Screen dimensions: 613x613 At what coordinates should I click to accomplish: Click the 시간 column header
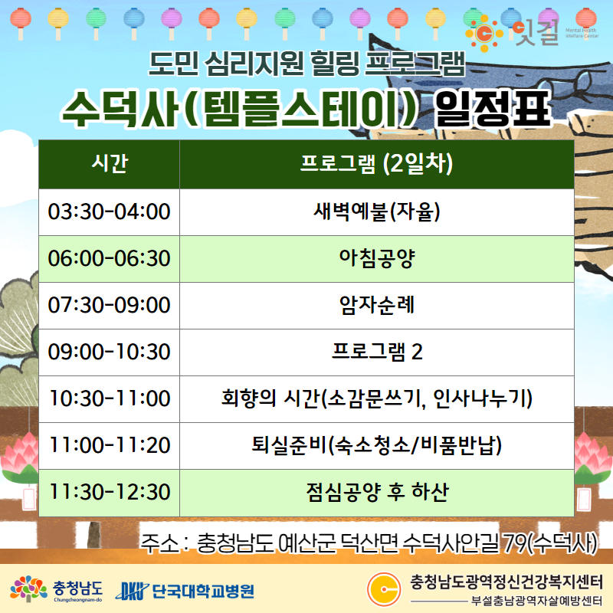coord(109,164)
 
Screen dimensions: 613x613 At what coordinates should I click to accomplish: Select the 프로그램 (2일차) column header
coord(377,164)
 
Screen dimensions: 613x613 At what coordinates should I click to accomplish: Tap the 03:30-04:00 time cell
coord(109,212)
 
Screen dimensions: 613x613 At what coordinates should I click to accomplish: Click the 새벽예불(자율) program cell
coord(377,212)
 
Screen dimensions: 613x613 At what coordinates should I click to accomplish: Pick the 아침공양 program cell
coord(377,259)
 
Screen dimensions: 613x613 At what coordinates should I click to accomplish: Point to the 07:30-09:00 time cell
coord(109,305)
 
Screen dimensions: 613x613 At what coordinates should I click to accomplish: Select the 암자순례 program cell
coord(377,305)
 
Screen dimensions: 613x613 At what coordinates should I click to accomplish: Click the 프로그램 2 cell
coord(377,352)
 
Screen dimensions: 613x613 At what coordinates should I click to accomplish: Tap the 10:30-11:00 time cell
coord(109,398)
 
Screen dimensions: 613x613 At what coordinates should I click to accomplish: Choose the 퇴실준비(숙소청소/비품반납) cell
coord(377,446)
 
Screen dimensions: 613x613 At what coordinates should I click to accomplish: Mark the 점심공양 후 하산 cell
coord(377,493)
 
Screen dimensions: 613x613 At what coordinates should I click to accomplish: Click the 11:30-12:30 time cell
coord(109,493)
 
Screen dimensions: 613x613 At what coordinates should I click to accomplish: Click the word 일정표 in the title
coord(493,108)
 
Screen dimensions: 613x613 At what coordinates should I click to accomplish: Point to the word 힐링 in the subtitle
coord(335,63)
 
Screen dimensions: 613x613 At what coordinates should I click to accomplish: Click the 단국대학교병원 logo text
coord(203,591)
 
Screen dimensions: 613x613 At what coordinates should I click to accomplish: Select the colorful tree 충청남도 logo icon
coord(28,588)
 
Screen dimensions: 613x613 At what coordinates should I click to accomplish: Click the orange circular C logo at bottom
coord(384,588)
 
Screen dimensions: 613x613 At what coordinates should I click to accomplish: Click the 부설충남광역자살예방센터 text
coord(536,601)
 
